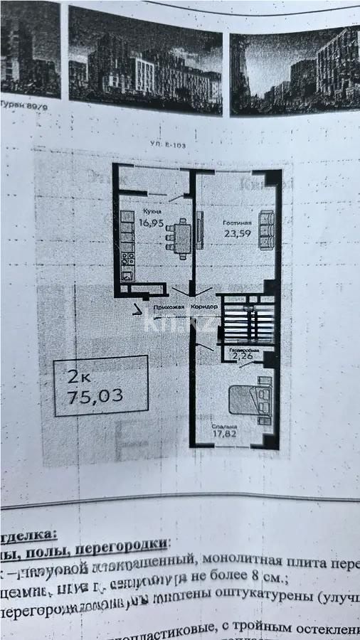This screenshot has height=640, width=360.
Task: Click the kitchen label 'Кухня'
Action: coord(151,211)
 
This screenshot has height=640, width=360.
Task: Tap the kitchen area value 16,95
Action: coord(151,223)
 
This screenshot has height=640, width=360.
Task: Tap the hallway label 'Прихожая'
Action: coord(168,306)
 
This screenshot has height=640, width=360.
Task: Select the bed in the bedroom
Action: coord(253,399)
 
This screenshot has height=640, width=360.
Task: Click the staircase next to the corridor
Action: coord(246,323)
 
